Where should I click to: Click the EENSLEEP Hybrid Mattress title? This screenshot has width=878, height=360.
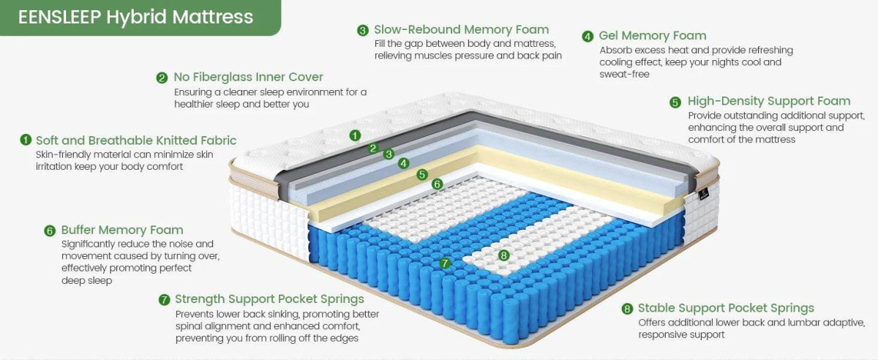(135, 17)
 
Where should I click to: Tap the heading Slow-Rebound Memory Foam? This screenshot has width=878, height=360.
(462, 29)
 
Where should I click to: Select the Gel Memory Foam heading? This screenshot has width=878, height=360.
(653, 36)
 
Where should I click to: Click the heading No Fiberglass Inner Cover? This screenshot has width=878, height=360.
(249, 77)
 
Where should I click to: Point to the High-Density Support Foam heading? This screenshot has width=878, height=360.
(769, 101)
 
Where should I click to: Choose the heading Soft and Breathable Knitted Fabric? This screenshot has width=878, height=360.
(136, 140)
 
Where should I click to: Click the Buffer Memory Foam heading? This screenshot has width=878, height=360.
(122, 230)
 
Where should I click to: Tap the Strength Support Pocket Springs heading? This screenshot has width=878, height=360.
(269, 299)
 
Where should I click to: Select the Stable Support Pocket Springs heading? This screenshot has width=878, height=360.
(726, 308)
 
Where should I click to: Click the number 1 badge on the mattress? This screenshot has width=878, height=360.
(355, 135)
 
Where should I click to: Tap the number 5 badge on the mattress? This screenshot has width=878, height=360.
(421, 174)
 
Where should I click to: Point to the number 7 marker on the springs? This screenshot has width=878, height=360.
(445, 263)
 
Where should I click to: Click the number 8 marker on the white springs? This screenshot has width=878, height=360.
(503, 255)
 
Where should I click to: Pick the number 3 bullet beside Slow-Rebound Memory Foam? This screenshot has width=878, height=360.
(363, 31)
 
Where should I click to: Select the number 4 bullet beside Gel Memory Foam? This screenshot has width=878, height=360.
(588, 37)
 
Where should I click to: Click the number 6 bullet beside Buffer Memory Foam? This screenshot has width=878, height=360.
(50, 231)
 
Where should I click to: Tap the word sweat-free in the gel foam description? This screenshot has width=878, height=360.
(624, 75)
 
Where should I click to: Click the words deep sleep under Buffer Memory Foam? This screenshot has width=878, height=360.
(86, 281)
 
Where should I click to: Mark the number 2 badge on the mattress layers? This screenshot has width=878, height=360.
(372, 149)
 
